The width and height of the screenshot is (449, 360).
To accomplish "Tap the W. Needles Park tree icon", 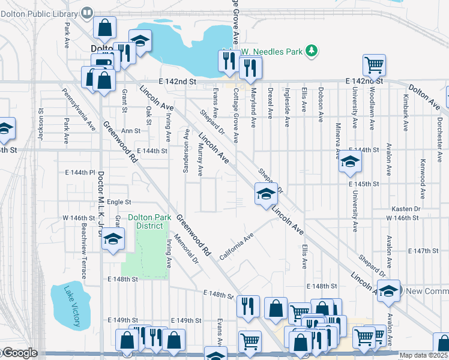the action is click(x=311, y=52).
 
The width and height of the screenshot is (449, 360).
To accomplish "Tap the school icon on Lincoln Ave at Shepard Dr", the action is click(x=266, y=193).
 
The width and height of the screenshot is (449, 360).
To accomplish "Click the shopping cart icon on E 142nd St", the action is click(x=374, y=64).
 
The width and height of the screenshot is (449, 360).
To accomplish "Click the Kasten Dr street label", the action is click(x=405, y=208).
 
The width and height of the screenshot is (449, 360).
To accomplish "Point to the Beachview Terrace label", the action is click(x=83, y=251).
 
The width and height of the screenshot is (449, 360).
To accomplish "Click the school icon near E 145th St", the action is click(x=350, y=161).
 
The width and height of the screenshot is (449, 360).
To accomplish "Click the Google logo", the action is click(x=20, y=353).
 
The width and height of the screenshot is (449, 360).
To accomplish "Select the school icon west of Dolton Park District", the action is click(x=112, y=240).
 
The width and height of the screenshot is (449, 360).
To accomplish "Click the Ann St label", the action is click(x=130, y=130).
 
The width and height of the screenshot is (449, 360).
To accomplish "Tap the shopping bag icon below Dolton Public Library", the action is click(x=105, y=28).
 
